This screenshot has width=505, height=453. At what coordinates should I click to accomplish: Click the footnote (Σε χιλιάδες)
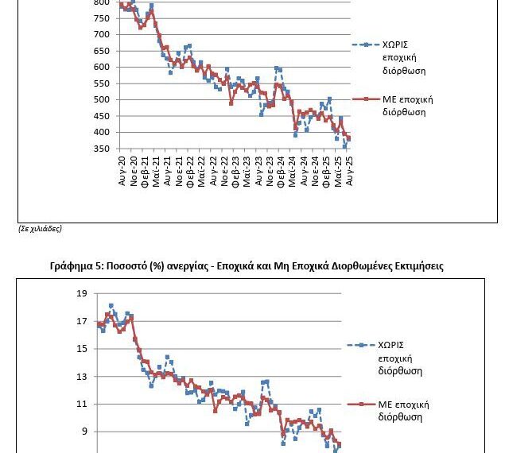(x=40, y=229)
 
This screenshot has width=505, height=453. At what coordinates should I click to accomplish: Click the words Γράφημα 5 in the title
(x=77, y=266)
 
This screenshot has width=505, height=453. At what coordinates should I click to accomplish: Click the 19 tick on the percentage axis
(x=82, y=294)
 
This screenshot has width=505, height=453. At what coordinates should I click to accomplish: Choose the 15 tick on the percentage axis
(x=82, y=349)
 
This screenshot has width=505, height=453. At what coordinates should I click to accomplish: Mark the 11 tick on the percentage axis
(x=82, y=405)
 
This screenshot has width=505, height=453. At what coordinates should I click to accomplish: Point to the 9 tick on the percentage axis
(x=82, y=432)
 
